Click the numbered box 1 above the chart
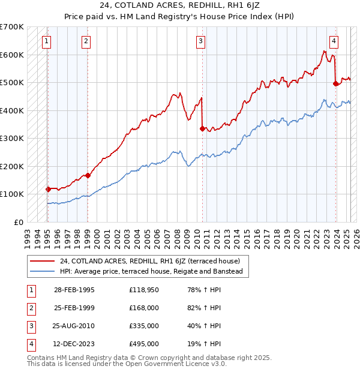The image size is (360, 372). (x=47, y=41)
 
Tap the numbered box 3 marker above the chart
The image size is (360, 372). (x=200, y=41)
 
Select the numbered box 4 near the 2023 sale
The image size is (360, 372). (x=333, y=41)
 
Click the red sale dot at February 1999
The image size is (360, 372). (x=88, y=175)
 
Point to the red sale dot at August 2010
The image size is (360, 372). (x=202, y=128)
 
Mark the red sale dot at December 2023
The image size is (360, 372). (x=335, y=83)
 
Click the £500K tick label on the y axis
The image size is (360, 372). (x=12, y=82)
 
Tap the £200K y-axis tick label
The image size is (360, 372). (x=12, y=166)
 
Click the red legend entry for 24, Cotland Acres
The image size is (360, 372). (x=150, y=261)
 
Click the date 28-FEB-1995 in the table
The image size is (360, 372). (x=74, y=290)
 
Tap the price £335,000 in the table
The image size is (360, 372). (x=144, y=326)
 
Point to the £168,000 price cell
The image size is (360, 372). (x=144, y=308)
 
